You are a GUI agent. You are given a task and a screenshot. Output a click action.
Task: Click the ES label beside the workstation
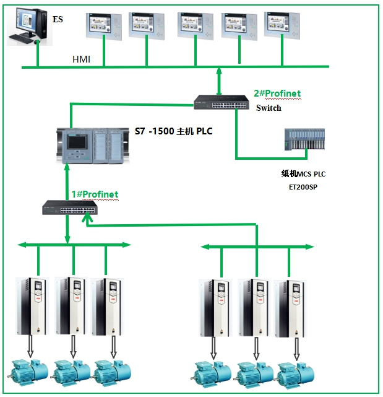click(58, 20)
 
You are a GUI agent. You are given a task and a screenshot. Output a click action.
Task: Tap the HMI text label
click(82, 59)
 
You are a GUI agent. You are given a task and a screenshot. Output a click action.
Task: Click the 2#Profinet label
click(277, 94)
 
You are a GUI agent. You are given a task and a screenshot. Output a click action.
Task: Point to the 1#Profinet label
click(95, 194)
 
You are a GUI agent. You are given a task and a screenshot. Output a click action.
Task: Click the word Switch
click(269, 108)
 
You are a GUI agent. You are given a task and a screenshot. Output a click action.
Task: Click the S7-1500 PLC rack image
click(93, 145)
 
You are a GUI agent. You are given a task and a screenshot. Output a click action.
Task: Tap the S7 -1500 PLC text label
click(173, 131)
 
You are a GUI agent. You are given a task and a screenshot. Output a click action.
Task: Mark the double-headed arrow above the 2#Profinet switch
click(218, 81)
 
